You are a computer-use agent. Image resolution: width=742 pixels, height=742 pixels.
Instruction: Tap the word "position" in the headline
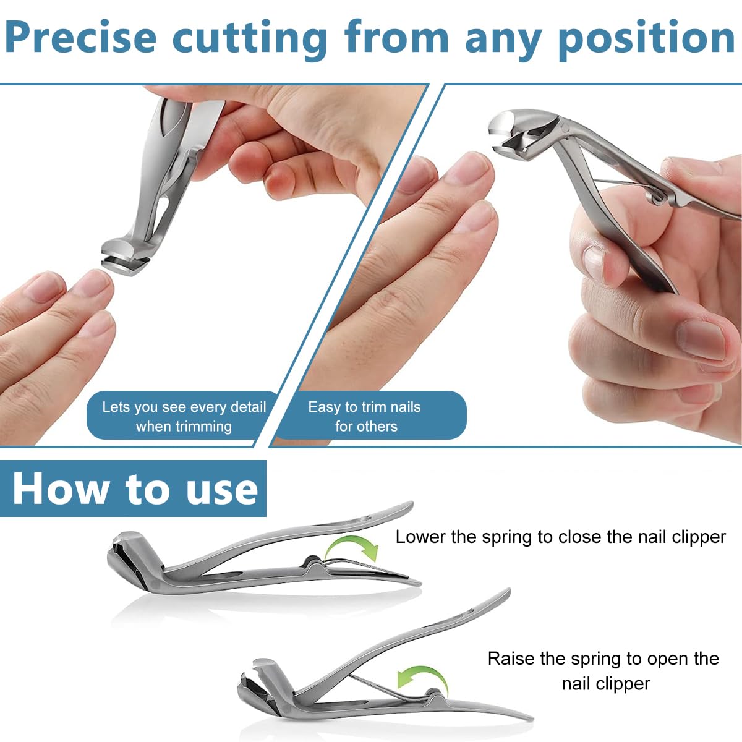click(646, 38)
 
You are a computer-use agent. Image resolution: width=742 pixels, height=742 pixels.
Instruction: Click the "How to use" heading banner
click(134, 488)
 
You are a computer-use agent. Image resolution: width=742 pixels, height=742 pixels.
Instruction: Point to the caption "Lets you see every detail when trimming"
click(184, 416)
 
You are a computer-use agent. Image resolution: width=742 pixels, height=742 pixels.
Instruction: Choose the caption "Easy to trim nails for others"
click(365, 416)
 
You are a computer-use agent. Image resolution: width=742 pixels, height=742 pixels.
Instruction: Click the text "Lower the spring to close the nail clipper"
click(560, 537)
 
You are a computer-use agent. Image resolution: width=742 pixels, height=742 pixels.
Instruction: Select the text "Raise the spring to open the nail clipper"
click(603, 671)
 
